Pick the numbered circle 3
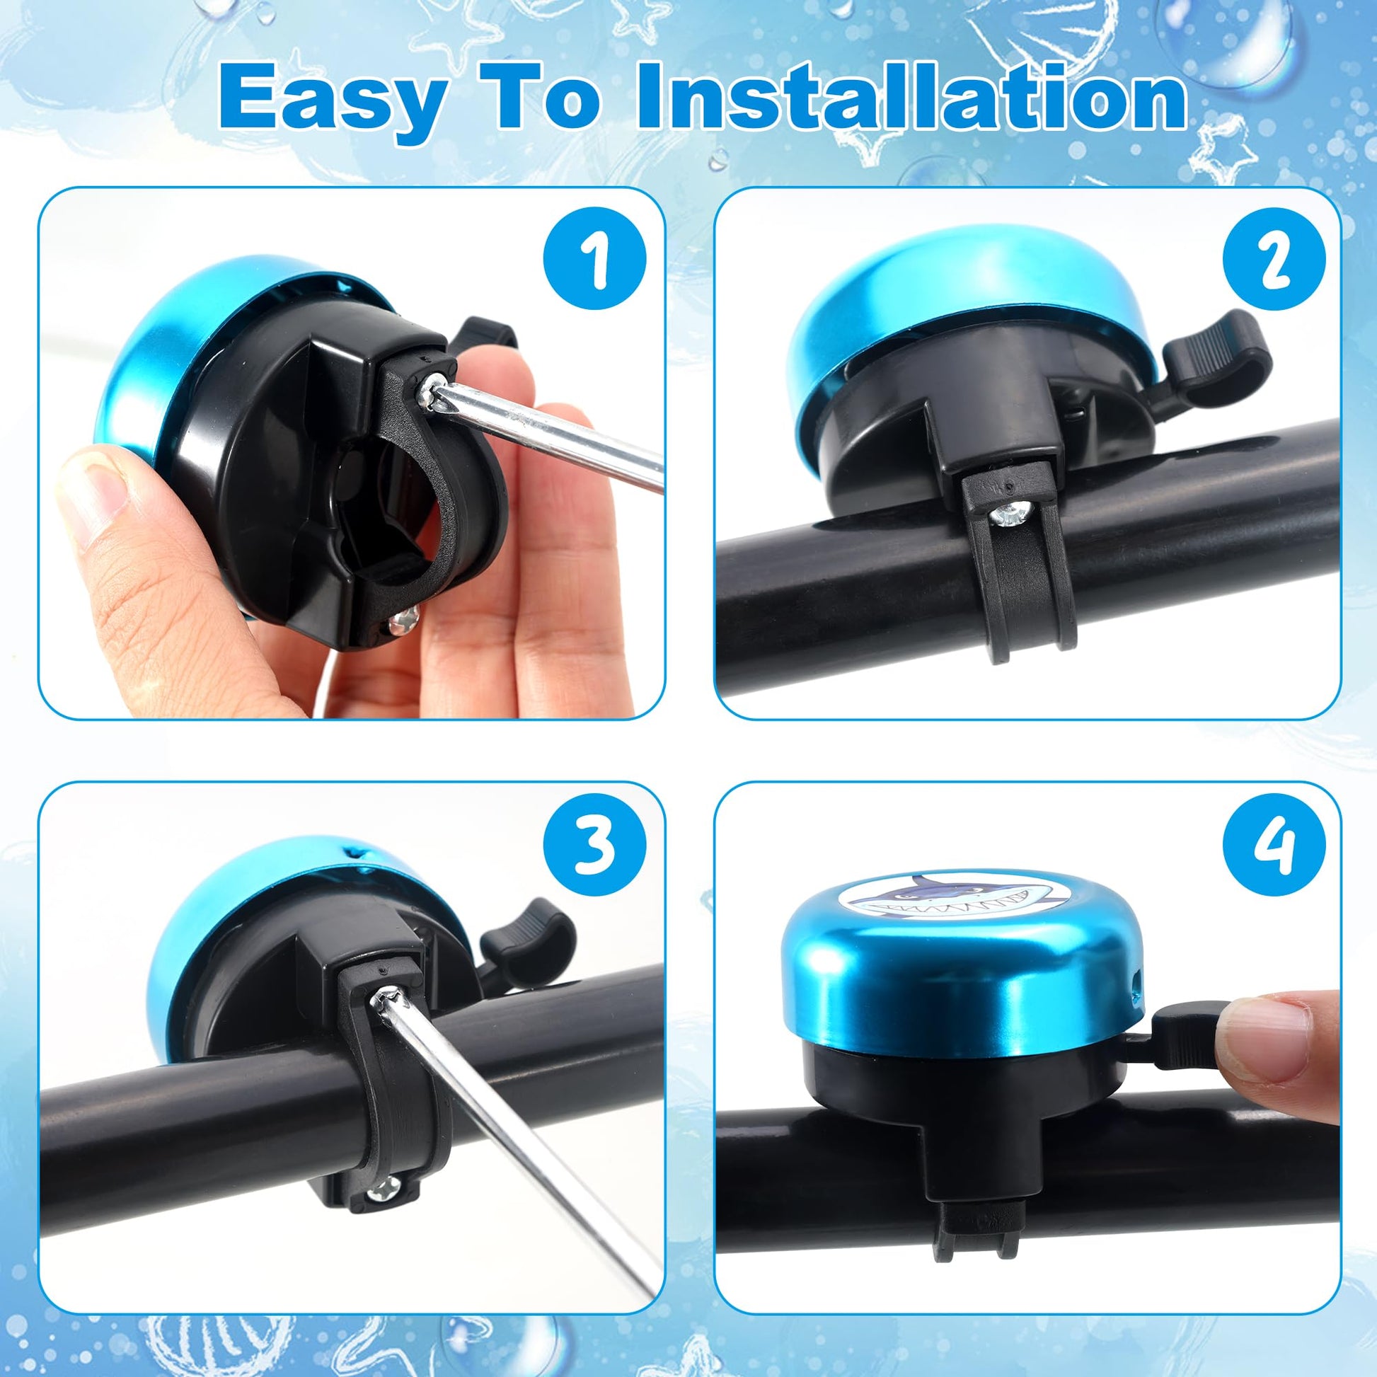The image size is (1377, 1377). click(x=594, y=847)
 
